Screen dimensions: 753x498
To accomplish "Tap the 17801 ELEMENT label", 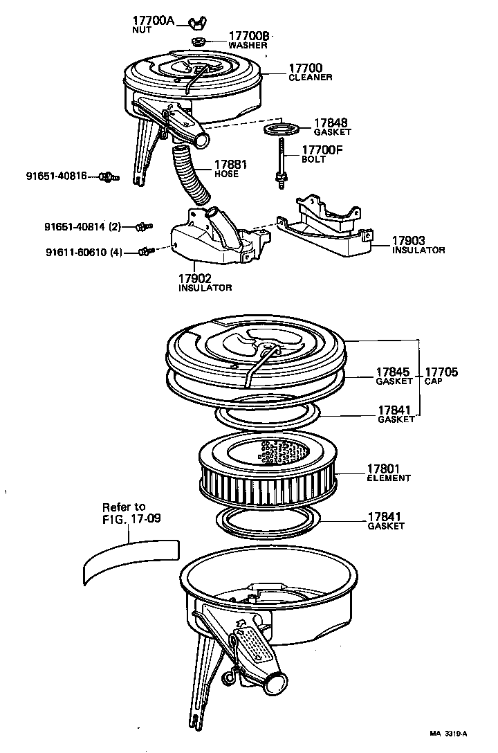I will (388, 473).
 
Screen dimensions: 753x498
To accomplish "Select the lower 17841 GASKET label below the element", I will (385, 521).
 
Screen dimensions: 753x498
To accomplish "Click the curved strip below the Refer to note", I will (130, 559).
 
